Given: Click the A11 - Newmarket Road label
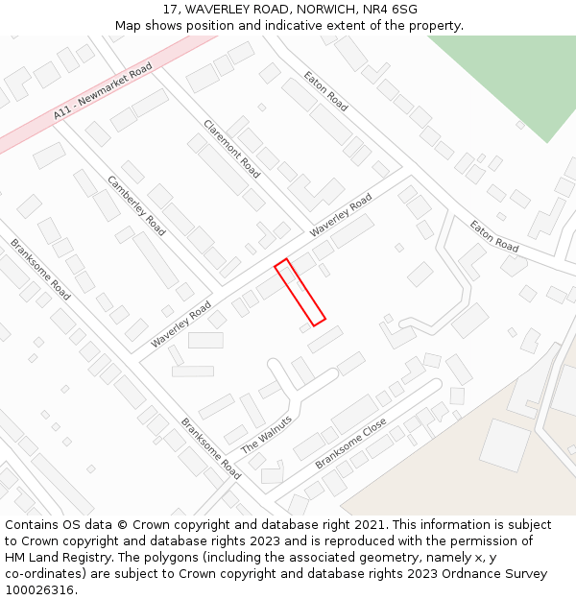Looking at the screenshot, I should click(x=104, y=91).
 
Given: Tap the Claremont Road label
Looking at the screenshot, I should click(x=232, y=149).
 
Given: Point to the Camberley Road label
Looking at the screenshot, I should click(x=136, y=205).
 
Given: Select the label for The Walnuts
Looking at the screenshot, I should click(x=266, y=435).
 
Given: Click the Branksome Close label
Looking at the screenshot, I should click(x=350, y=444).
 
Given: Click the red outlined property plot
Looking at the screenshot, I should click(x=300, y=292).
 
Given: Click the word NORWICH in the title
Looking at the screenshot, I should click(x=327, y=9).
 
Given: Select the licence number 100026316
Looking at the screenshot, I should click(x=40, y=590).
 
